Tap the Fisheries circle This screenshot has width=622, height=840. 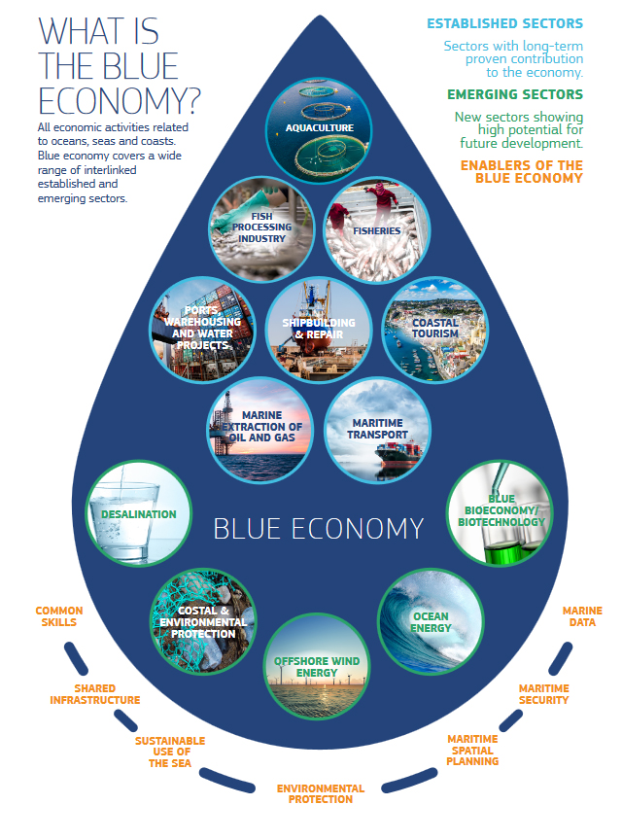[x=375, y=227]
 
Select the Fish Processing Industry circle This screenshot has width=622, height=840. [x=255, y=227]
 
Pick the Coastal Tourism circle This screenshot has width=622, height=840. [x=434, y=328]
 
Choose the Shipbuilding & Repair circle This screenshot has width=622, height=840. [x=319, y=328]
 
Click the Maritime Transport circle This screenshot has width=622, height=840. [x=377, y=429]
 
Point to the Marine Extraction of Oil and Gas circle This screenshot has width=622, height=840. [x=260, y=429]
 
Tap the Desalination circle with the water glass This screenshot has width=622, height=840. [x=137, y=513]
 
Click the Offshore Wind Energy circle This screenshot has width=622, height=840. [x=317, y=665]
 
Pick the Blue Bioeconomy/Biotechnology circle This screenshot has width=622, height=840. [x=501, y=513]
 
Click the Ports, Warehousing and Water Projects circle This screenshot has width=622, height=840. [x=203, y=328]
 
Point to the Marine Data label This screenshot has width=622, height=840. [x=582, y=616]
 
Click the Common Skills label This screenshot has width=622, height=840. [x=59, y=616]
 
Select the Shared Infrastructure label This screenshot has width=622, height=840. [x=94, y=694]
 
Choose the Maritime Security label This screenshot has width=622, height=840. [x=543, y=694]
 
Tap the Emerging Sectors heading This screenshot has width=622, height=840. [x=514, y=95]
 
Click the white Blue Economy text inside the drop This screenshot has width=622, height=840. [x=319, y=528]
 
